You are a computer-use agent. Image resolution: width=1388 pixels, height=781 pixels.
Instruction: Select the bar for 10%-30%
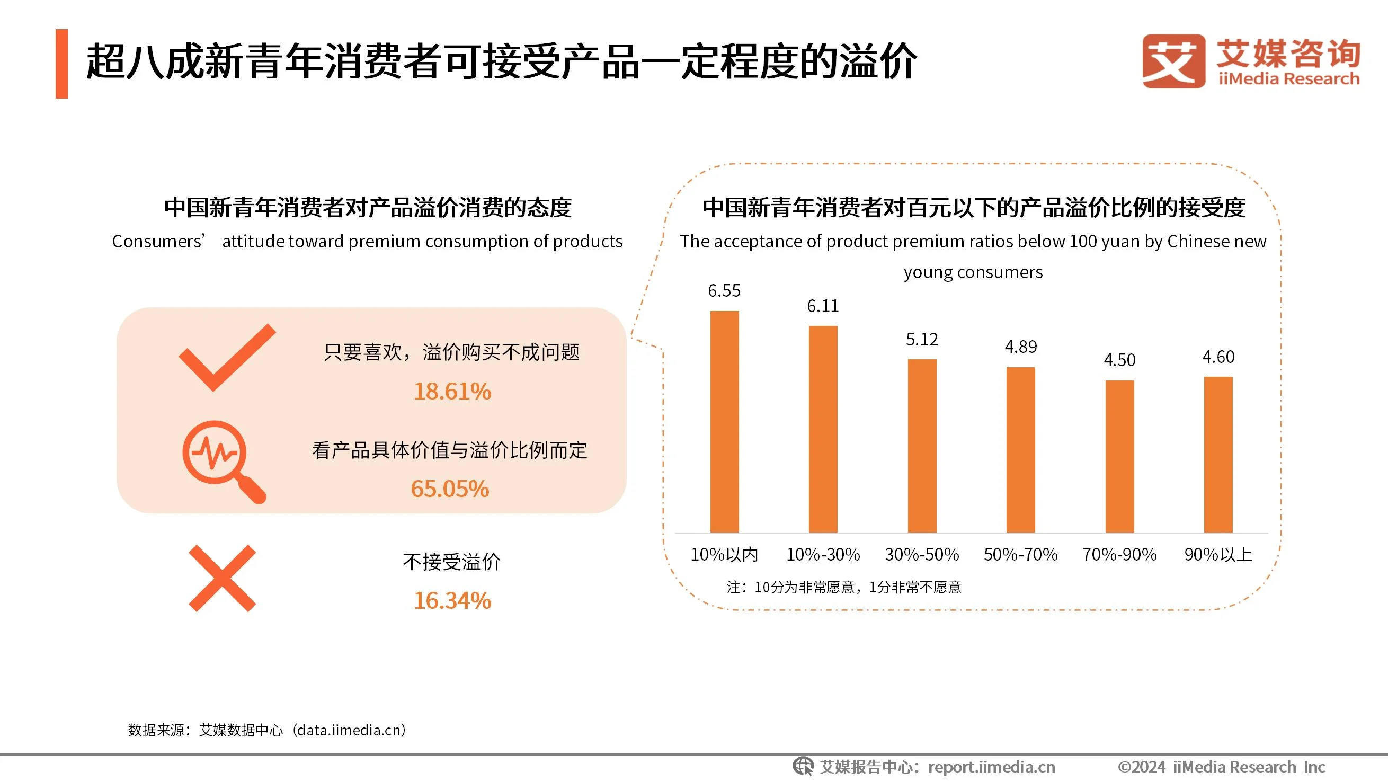tap(823, 429)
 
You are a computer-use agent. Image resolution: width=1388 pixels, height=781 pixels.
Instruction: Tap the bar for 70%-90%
tap(1119, 456)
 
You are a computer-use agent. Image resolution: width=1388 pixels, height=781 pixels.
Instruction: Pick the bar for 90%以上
tap(1218, 455)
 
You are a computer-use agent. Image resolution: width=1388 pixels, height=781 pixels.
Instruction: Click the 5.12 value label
tap(921, 340)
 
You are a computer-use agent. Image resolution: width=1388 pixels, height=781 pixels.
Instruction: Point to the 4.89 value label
tap(1020, 347)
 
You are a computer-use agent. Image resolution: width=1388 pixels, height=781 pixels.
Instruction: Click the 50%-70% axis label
tap(1020, 554)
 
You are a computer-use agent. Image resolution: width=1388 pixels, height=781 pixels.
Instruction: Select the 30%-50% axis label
tap(921, 554)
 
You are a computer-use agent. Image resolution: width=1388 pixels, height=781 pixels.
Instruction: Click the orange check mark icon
tap(226, 357)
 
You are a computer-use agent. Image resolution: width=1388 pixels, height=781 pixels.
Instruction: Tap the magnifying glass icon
tap(222, 461)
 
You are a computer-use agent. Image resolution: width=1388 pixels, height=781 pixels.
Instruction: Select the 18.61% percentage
tap(452, 392)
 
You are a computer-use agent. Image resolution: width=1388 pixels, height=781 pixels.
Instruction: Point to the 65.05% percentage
tap(449, 489)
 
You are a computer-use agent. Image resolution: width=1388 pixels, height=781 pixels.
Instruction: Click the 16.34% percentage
tap(452, 600)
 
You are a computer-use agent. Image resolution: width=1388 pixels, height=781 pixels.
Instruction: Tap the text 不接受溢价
tap(451, 562)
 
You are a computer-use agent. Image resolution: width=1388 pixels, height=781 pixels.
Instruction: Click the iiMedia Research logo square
tap(1173, 61)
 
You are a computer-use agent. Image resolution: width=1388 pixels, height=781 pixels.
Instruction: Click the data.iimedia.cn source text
tap(350, 730)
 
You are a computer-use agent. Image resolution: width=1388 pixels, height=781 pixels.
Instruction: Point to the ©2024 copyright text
tap(1221, 767)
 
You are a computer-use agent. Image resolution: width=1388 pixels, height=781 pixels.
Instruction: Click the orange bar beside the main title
tap(61, 64)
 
